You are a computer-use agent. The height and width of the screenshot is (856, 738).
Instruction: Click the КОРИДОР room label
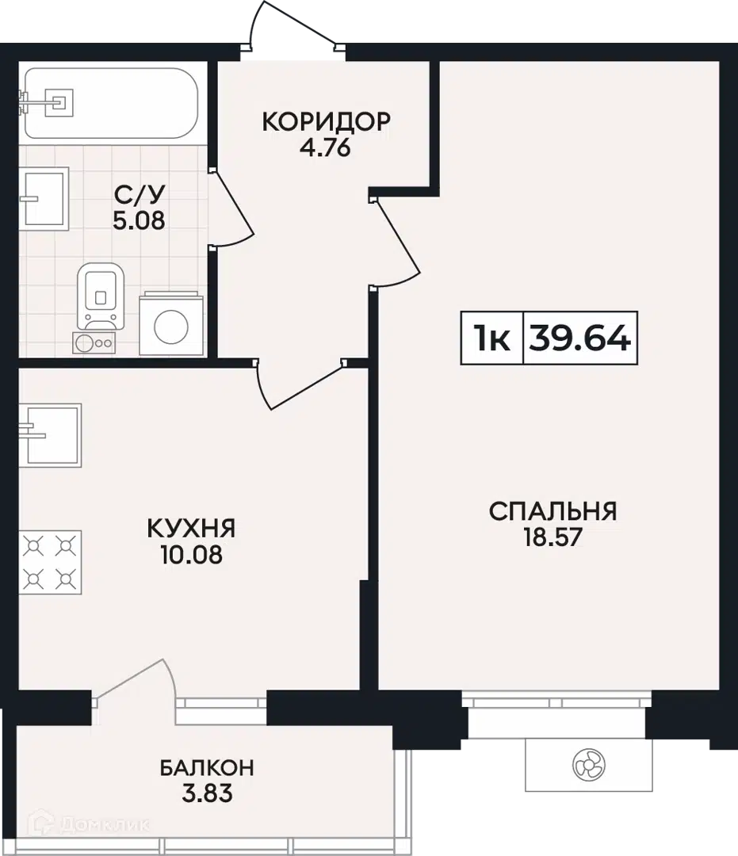pyautogui.click(x=326, y=121)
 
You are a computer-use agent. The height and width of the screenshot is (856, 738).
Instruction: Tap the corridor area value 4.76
pyautogui.click(x=325, y=147)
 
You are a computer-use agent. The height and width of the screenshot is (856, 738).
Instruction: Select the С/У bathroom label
pyautogui.click(x=140, y=194)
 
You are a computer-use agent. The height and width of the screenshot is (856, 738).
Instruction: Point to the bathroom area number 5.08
pyautogui.click(x=139, y=220)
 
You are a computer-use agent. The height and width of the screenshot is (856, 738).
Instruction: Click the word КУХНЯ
pyautogui.click(x=191, y=529)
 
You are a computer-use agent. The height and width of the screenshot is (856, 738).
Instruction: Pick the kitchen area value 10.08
pyautogui.click(x=192, y=555)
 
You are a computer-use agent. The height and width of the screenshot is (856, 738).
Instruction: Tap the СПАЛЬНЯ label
pyautogui.click(x=553, y=511)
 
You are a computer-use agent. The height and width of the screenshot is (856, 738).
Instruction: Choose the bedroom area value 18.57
pyautogui.click(x=553, y=537)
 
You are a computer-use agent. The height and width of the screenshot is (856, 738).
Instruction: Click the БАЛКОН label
pyautogui.click(x=207, y=767)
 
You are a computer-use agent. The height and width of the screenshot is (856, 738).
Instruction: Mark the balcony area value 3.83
pyautogui.click(x=207, y=793)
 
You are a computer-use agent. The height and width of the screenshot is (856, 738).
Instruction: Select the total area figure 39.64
pyautogui.click(x=579, y=338)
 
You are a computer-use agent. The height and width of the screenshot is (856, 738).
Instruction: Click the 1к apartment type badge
pyautogui.click(x=491, y=338)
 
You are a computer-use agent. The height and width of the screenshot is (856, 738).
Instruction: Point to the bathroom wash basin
pyautogui.click(x=44, y=199)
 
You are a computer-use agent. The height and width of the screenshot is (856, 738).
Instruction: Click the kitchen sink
pyautogui.click(x=50, y=435)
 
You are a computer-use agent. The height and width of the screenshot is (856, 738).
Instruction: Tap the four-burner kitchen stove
pyautogui.click(x=50, y=562)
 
